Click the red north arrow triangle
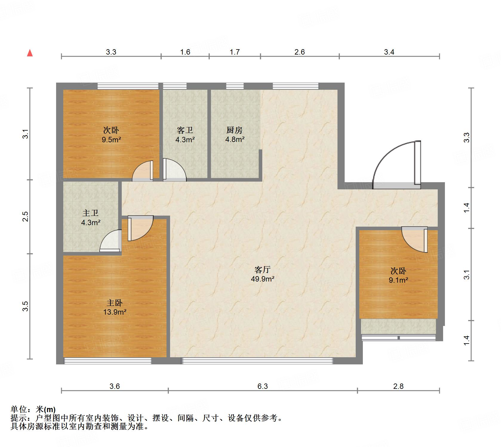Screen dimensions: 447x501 (30, 53)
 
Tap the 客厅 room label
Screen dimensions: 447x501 (262, 270)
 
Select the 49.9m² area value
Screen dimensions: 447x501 (262, 279)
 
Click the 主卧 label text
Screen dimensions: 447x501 (115, 303)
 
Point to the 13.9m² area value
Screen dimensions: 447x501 (115, 312)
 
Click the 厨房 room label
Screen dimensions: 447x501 (235, 130)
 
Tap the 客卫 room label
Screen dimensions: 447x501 (185, 130)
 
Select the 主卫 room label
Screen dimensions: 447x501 (90, 213)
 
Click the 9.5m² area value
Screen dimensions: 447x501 (111, 140)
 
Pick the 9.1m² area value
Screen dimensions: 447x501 (398, 280)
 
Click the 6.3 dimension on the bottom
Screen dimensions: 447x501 (263, 386)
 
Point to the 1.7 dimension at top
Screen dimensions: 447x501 (235, 52)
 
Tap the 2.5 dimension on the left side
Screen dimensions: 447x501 (25, 216)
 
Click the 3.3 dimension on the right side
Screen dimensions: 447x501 (467, 137)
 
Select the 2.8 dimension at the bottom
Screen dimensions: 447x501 (398, 386)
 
